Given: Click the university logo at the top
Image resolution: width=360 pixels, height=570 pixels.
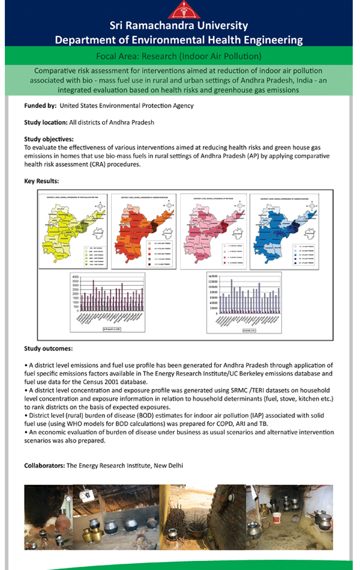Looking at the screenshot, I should coord(179,10).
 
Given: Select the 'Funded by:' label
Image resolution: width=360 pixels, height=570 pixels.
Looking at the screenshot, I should coord(40,106).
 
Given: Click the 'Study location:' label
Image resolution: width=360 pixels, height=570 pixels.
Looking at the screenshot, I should coord(46,122).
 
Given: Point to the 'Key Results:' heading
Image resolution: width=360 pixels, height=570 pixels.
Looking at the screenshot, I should coord(41,180).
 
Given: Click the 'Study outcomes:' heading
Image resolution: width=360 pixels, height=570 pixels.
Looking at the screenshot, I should coord(49,348).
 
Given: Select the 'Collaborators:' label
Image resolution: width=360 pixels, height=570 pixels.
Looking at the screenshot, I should coord(44,466).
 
